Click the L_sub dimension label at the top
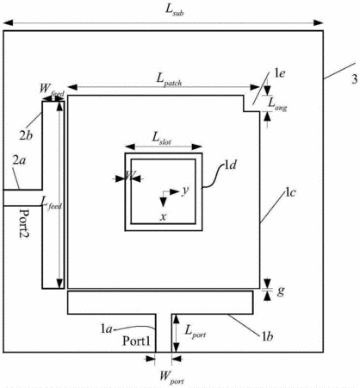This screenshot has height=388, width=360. point(175,9)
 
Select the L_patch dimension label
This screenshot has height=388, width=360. point(170,79)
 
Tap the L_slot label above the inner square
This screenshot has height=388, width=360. point(162,138)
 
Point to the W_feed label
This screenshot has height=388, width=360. point(52,90)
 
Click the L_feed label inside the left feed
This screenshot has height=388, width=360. point(52,203)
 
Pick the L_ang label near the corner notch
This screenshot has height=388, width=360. point(277,104)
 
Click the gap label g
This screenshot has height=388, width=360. point(281,291)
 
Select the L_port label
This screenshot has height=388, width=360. point(196,332)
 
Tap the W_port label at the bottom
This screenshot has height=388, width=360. point(171,378)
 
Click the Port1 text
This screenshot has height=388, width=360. point(136,341)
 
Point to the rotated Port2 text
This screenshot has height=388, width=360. point(25,223)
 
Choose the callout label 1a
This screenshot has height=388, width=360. point(106,329)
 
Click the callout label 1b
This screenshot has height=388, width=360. point(267,336)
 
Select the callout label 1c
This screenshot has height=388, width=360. point(290,192)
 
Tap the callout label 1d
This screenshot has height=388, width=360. point(231,165)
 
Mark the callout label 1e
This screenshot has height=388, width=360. point(280,73)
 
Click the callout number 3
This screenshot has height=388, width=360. point(355,79)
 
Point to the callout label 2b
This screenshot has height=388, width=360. point(26,135)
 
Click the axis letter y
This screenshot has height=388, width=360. point(185,191)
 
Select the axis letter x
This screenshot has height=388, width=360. point(163,216)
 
